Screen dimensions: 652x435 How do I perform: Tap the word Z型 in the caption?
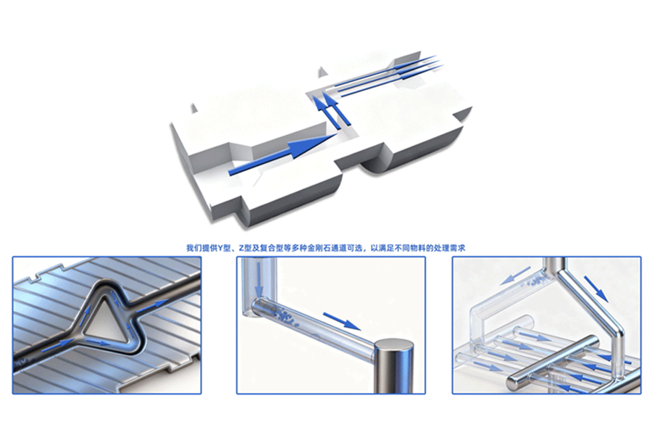245,249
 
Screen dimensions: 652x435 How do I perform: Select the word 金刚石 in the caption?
319,249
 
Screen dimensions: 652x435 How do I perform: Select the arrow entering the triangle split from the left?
58,344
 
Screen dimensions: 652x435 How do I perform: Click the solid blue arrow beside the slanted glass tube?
342,321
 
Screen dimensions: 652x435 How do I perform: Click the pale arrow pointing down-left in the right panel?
515,275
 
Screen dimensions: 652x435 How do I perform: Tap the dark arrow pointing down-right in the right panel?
596,288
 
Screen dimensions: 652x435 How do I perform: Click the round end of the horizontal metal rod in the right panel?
514,383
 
